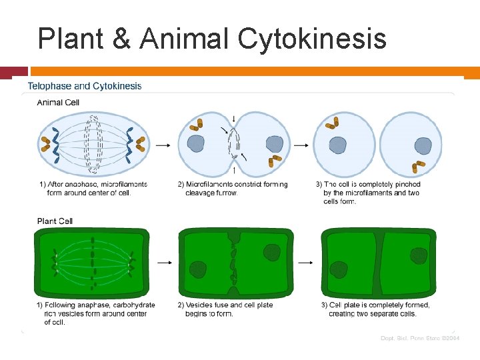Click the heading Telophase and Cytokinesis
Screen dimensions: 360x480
[x=85, y=86]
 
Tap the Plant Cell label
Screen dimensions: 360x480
[x=55, y=221]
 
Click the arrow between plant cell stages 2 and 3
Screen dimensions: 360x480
[x=305, y=262]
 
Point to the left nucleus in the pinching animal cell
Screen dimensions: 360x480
[x=196, y=144]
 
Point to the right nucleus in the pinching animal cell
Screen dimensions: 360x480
[x=274, y=143]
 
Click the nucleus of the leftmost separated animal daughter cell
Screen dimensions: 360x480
[x=338, y=145]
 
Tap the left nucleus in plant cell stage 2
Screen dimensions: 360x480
[x=198, y=269]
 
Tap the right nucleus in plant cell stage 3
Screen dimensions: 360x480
[x=418, y=255]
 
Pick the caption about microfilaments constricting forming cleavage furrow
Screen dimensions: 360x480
[x=233, y=188]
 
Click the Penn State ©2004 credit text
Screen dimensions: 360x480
[x=420, y=339]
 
